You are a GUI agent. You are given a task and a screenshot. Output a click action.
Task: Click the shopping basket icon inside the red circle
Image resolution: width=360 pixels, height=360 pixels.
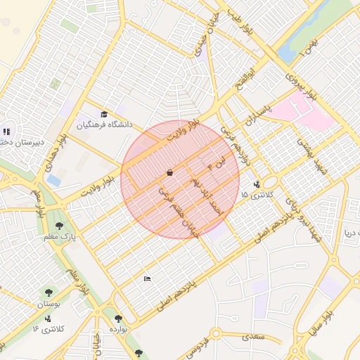pyautogui.click(x=169, y=172)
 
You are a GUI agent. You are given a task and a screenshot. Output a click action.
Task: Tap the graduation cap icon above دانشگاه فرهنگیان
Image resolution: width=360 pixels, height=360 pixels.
pyautogui.click(x=105, y=115)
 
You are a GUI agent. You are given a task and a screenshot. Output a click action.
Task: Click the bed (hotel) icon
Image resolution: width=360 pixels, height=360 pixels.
pyautogui.click(x=146, y=279)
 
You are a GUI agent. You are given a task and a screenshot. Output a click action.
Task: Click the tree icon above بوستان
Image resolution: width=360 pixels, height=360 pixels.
pyautogui.click(x=49, y=292)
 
